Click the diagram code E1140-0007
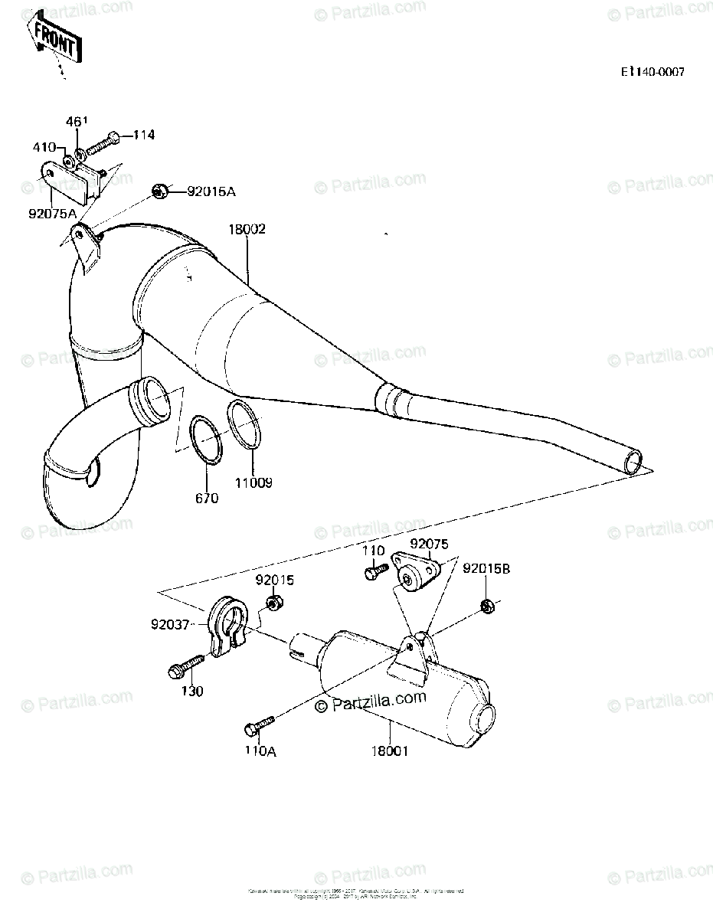(652, 72)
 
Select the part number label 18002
(246, 229)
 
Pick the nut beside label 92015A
(161, 191)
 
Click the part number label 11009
(253, 483)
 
